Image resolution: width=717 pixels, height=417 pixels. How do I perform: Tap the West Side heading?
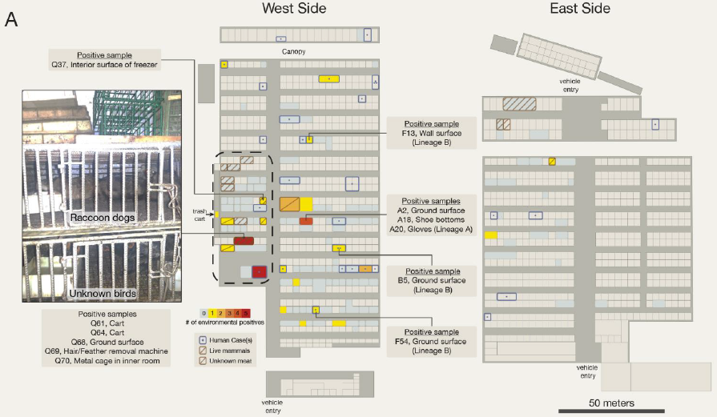pos(294,8)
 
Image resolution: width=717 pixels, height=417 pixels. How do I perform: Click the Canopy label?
pos(293,51)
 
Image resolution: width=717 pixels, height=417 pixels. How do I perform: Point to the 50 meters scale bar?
pos(612,411)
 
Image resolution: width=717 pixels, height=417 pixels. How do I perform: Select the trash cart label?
pos(200,215)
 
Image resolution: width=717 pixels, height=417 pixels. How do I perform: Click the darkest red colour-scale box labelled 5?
pos(247,312)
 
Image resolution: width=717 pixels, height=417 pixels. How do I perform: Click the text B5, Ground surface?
pos(432,281)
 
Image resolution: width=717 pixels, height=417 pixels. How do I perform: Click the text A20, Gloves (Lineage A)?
pos(430,230)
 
